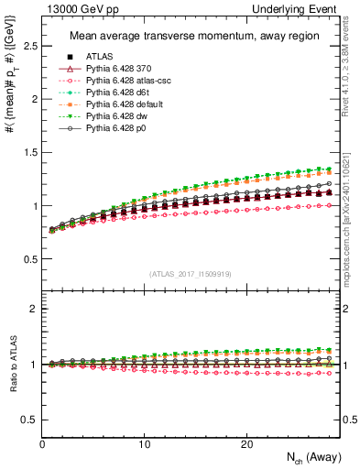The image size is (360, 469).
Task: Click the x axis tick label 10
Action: [144, 443]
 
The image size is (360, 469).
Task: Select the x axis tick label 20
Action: [246, 443]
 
